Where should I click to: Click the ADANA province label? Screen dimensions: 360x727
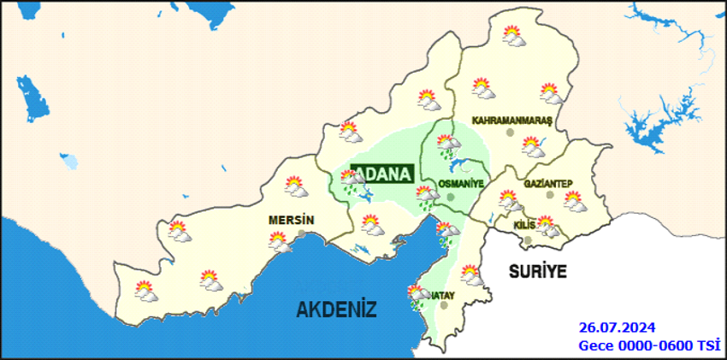tap(382, 173)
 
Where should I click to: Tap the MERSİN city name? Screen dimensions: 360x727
tap(292, 220)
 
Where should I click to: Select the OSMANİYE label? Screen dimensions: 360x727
tap(461, 184)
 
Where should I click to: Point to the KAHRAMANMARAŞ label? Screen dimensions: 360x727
tap(513, 121)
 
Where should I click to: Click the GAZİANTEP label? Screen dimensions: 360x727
tap(547, 184)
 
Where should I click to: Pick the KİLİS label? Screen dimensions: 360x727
tap(524, 224)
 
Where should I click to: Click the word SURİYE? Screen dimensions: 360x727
tap(538, 272)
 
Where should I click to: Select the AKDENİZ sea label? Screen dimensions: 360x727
tap(336, 310)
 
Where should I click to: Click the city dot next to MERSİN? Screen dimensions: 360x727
tap(302, 232)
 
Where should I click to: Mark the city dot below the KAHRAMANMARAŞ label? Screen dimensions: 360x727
tap(511, 133)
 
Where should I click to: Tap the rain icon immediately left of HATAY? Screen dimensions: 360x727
tap(418, 296)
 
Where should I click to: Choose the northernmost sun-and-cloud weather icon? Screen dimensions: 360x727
tap(512, 35)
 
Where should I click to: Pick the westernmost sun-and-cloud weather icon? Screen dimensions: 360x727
tap(145, 292)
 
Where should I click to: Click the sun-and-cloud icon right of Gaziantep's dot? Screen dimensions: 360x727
tap(574, 202)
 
